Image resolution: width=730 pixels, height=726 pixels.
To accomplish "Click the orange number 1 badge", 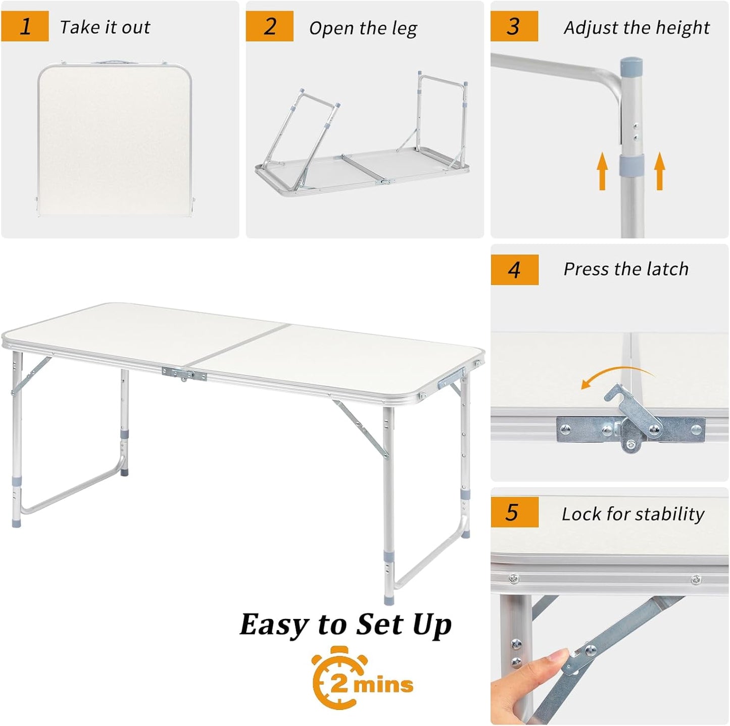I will [x=25, y=26].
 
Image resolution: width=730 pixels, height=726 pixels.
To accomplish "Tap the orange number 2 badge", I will [x=269, y=26].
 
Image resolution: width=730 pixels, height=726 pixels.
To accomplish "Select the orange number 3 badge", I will [x=514, y=26].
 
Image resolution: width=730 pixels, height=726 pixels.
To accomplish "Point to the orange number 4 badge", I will [x=514, y=270].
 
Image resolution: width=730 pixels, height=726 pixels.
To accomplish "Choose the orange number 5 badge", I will [x=513, y=512].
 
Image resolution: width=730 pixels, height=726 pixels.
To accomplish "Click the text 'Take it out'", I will [x=105, y=27].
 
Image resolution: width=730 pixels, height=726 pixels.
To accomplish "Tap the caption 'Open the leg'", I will [x=363, y=28].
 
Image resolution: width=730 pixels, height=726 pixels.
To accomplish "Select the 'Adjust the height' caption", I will [x=637, y=28].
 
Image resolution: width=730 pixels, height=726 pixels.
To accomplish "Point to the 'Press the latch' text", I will [x=626, y=269].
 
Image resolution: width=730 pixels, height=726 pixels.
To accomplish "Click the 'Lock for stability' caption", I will [x=633, y=514].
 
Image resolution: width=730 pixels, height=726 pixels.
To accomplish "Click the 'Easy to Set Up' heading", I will [x=346, y=624].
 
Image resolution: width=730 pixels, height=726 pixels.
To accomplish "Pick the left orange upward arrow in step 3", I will [x=602, y=172].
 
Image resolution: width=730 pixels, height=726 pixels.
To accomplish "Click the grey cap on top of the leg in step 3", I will [x=631, y=66].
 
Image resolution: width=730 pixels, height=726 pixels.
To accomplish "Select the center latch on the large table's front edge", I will [x=184, y=374].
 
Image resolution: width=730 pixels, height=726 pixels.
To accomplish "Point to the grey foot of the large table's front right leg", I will [x=390, y=600].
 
